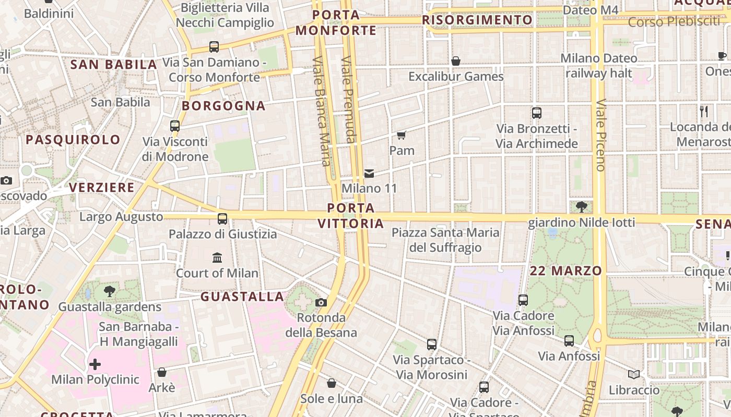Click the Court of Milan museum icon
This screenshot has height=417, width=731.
click(217, 257)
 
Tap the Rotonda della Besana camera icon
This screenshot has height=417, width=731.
click(321, 302)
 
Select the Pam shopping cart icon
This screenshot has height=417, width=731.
click(401, 136)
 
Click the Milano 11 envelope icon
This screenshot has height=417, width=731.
click(369, 173)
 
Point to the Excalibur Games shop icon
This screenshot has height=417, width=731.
click(456, 61)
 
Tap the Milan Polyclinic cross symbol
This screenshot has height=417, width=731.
click(95, 364)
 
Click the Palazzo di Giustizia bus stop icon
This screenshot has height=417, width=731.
click(222, 219)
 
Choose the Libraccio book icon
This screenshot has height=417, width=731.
click(634, 374)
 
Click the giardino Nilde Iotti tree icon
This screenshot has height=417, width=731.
click(581, 207)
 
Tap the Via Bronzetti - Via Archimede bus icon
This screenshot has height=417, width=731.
click(536, 113)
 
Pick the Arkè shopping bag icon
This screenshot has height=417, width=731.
click(162, 372)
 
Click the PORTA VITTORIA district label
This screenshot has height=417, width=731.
click(351, 216)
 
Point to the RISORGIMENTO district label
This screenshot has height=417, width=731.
click(477, 20)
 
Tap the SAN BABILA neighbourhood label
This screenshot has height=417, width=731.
click(113, 65)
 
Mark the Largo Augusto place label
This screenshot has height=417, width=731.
click(121, 217)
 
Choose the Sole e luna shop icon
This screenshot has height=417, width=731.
click(331, 384)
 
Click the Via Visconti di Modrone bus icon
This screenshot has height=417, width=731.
click(175, 126)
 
